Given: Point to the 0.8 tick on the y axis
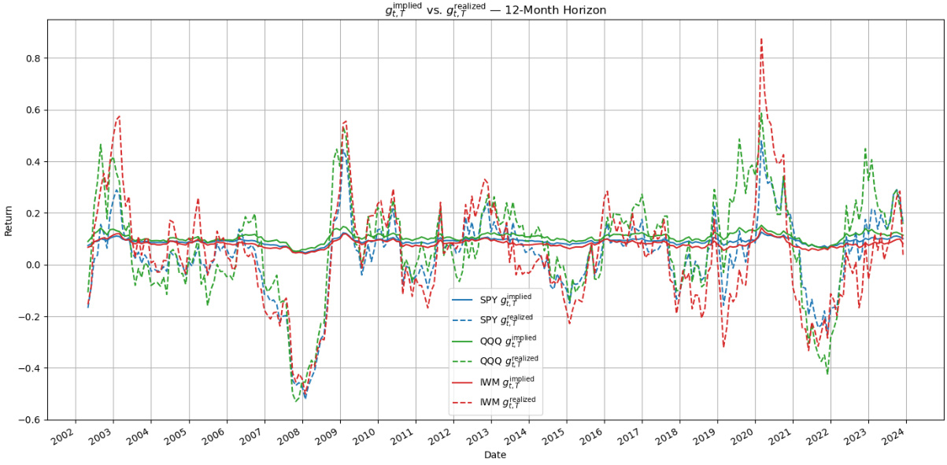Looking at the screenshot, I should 34,58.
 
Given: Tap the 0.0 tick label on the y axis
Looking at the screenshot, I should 34,265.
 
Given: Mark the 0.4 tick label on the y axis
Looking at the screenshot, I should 34,162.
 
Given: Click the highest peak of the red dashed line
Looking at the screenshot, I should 761,39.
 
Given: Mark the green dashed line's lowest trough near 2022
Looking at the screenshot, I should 827,373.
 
